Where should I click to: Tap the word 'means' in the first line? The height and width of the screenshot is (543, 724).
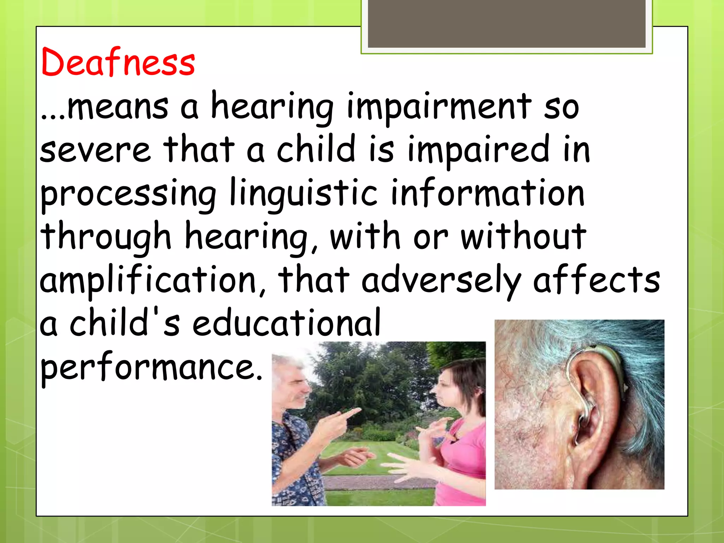(x=118, y=106)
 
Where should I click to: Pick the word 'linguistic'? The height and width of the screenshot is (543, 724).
(x=304, y=194)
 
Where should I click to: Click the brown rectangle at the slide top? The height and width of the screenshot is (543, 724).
(x=506, y=23)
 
